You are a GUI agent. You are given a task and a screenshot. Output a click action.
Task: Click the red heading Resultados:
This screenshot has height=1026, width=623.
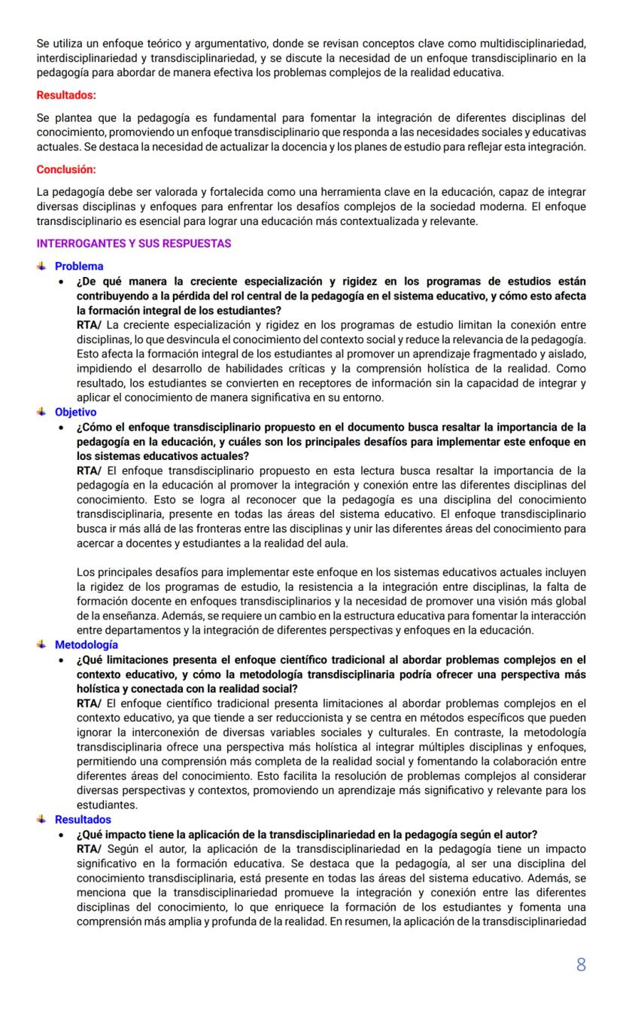pyautogui.click(x=66, y=96)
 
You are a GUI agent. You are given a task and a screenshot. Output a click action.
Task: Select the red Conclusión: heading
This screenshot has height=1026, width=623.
pyautogui.click(x=66, y=169)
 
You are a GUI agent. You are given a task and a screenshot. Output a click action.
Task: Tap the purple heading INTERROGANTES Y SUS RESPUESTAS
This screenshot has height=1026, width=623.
pyautogui.click(x=134, y=244)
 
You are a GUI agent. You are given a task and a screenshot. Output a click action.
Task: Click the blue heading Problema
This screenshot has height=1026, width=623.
pyautogui.click(x=79, y=266)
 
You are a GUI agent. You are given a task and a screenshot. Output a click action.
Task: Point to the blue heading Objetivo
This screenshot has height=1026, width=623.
pyautogui.click(x=75, y=413)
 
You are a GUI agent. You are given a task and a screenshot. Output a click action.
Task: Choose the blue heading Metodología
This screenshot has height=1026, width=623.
pyautogui.click(x=86, y=645)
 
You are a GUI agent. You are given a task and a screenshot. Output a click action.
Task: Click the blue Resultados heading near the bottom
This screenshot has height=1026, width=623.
pyautogui.click(x=83, y=820)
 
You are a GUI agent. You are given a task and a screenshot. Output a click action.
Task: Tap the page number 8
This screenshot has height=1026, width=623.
pyautogui.click(x=581, y=965)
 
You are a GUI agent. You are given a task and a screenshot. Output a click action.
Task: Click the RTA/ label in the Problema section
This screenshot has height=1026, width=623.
pyautogui.click(x=90, y=325)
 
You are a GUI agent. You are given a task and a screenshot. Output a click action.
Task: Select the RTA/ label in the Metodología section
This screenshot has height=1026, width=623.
pyautogui.click(x=90, y=704)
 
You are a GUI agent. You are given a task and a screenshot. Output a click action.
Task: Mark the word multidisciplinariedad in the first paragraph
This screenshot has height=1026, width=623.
pyautogui.click(x=533, y=43)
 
